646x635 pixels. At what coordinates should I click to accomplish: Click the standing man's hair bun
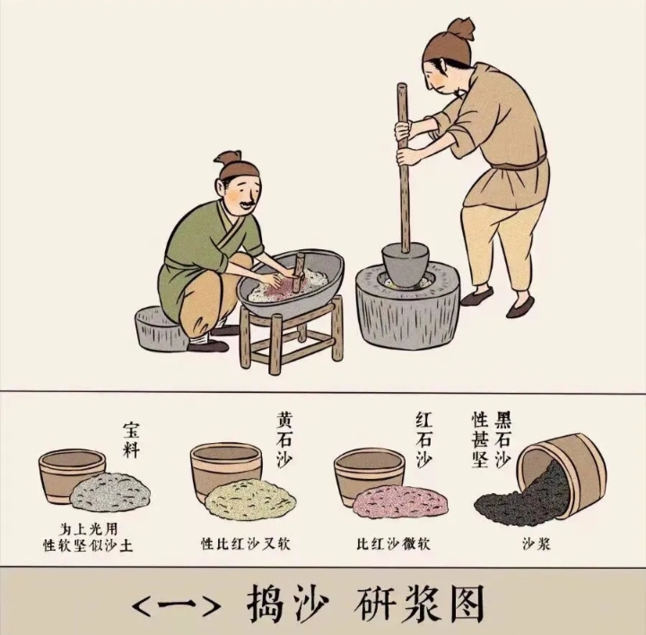[460, 29]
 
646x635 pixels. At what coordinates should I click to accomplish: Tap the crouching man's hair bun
[227, 158]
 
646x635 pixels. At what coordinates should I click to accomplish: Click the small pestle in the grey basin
[298, 272]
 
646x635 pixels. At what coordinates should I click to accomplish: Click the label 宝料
[131, 439]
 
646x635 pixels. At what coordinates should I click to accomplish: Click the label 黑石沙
[502, 439]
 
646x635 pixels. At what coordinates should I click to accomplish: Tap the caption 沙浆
[537, 544]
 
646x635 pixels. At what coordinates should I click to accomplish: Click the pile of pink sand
[400, 501]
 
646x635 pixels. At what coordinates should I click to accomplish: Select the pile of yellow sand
[250, 499]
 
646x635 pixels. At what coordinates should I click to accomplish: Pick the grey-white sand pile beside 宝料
[110, 492]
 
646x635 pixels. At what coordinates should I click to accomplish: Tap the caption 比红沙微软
[394, 544]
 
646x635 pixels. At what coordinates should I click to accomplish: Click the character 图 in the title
[462, 604]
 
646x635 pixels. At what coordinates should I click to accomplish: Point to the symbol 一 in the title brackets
[177, 605]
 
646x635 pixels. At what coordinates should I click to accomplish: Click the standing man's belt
[519, 165]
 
